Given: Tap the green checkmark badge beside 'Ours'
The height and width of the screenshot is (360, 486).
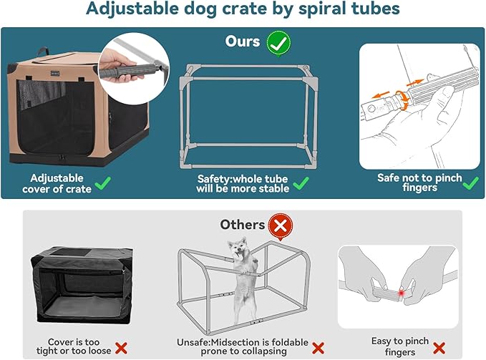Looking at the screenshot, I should [x=278, y=42].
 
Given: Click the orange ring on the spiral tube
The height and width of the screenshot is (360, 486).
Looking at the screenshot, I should [x=404, y=98].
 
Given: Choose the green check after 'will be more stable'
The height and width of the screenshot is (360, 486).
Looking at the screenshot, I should [x=299, y=184].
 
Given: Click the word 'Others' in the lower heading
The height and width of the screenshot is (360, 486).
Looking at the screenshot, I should [x=242, y=225].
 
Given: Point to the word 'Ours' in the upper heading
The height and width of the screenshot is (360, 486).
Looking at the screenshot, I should [x=243, y=42].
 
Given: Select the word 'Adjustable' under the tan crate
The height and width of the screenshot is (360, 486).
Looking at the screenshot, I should [x=57, y=177].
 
